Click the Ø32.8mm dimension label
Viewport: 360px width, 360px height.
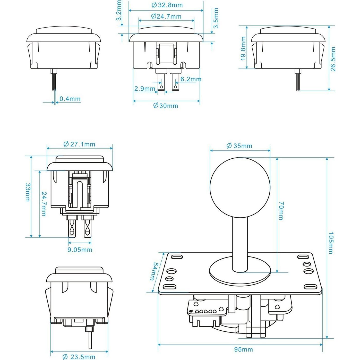pos(167,5)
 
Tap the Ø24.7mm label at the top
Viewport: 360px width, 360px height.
pos(166,16)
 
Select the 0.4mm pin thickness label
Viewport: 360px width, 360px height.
pos(70,99)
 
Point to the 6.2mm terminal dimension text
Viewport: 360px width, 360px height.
pos(191,79)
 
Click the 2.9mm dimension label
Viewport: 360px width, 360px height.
pos(145,89)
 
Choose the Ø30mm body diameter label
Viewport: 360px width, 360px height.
pos(166,106)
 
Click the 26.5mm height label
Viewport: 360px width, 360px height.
pos(333,59)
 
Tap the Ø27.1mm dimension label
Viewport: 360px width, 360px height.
pos(79,144)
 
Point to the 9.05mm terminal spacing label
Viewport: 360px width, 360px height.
pos(80,250)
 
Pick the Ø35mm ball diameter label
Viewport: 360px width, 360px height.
pos(239,146)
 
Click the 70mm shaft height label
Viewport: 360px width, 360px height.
pos(281,211)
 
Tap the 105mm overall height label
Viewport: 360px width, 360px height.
pos(331,243)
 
